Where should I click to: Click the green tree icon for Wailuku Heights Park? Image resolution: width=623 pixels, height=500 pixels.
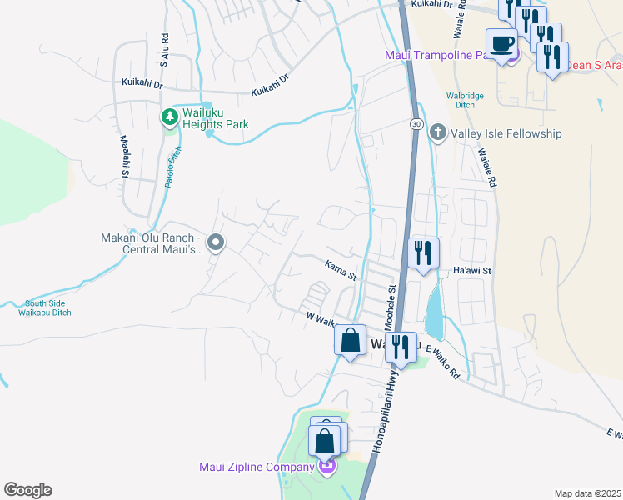[x=170, y=117]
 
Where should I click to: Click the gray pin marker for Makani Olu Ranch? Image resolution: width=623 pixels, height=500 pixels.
[x=216, y=243]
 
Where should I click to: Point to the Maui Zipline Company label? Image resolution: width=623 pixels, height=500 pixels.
[x=256, y=467]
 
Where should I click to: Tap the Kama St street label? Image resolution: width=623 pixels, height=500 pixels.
[x=340, y=269]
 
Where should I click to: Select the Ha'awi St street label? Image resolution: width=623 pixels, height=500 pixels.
[x=473, y=271]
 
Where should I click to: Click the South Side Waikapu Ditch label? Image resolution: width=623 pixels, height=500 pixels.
[x=47, y=308]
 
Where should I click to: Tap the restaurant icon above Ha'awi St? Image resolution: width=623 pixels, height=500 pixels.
[x=423, y=252]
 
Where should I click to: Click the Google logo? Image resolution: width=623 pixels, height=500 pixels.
[x=27, y=490]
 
